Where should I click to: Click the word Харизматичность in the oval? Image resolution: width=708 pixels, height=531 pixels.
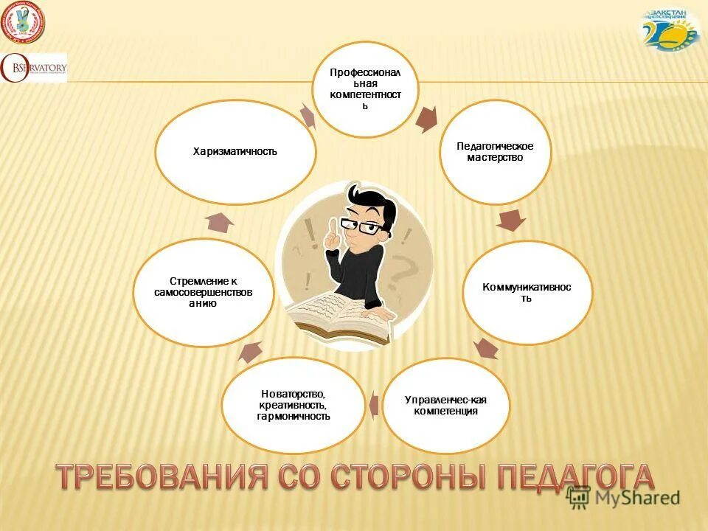(235, 152)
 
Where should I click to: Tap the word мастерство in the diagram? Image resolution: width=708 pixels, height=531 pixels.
(495, 158)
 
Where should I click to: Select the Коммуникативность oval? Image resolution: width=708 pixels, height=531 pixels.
(527, 292)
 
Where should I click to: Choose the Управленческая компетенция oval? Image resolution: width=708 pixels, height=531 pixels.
(445, 405)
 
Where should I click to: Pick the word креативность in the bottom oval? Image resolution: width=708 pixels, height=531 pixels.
(293, 406)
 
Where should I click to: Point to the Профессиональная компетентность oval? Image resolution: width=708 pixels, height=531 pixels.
(365, 89)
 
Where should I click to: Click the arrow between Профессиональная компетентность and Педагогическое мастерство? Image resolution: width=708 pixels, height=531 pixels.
(427, 119)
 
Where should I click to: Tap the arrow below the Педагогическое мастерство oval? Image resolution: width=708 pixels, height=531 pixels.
(511, 219)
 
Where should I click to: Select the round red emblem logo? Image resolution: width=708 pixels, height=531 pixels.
(23, 24)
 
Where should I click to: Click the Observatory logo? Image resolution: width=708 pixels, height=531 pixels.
(34, 68)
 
